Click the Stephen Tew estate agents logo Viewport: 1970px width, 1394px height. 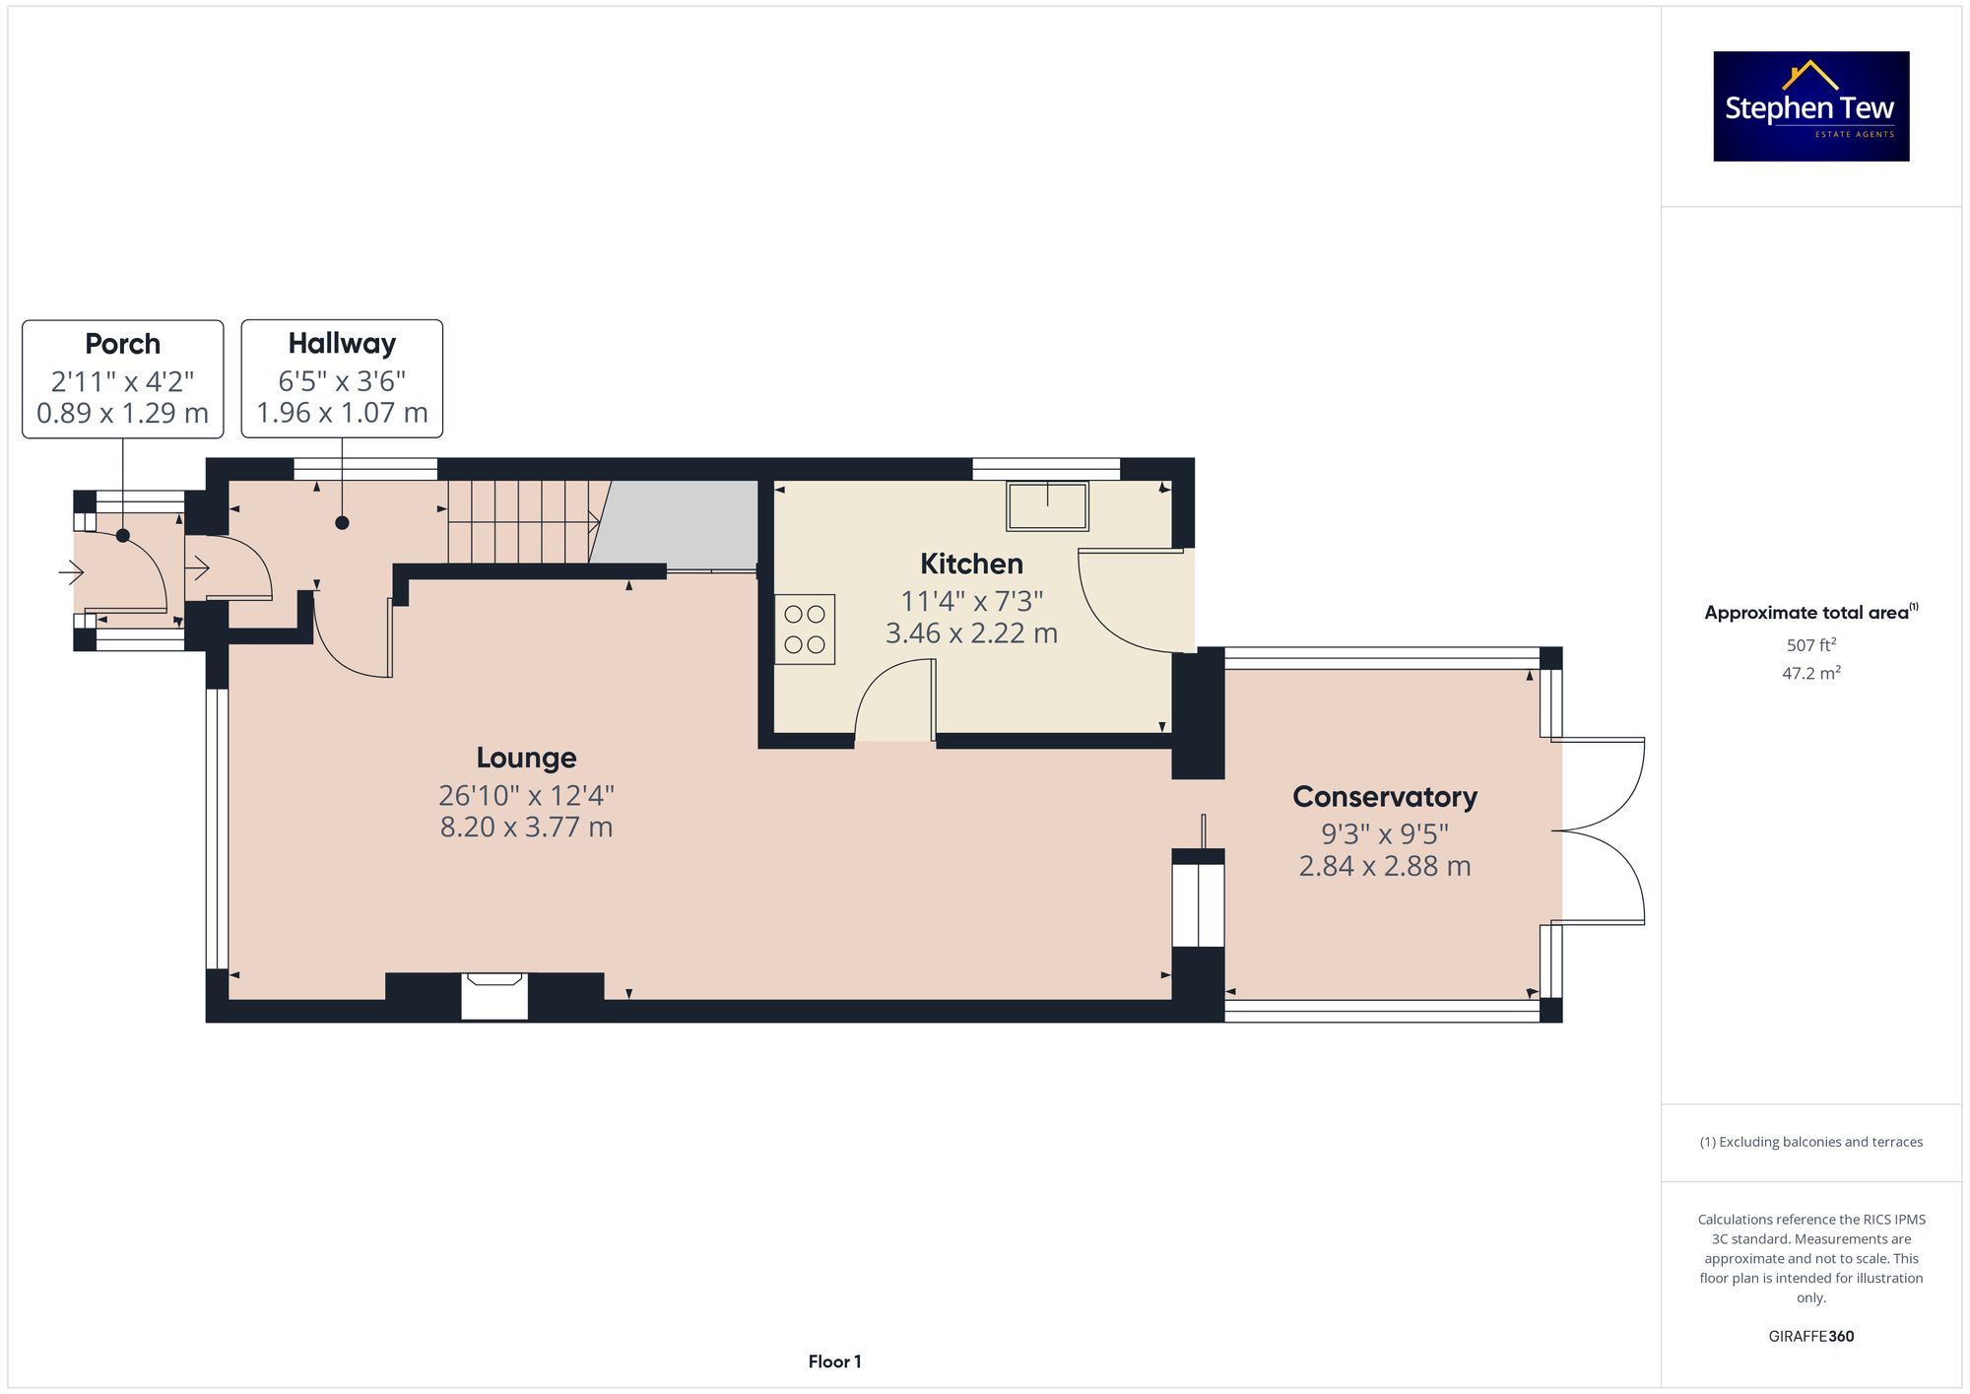point(1811,106)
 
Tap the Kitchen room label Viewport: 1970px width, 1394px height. point(971,564)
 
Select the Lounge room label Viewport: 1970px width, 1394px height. point(526,758)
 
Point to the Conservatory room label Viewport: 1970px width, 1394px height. point(1385,796)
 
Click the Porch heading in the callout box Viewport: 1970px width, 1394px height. point(122,344)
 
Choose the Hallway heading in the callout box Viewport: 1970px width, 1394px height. point(342,343)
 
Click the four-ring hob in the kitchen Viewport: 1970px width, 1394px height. point(805,630)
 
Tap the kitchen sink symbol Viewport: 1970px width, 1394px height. point(1047,505)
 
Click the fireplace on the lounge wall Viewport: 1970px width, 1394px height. point(494,995)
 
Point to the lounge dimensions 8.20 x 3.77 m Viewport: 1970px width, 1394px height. point(526,827)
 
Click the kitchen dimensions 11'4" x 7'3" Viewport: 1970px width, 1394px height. point(971,600)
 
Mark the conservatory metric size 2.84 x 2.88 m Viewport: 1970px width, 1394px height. point(1385,866)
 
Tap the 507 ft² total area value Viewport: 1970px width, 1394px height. point(1811,645)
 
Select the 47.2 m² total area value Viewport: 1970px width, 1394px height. point(1811,673)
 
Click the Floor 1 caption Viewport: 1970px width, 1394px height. point(834,1361)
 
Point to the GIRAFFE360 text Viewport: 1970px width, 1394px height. point(1811,1336)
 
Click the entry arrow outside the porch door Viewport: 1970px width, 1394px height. point(72,570)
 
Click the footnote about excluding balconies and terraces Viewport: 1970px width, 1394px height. point(1811,1142)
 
